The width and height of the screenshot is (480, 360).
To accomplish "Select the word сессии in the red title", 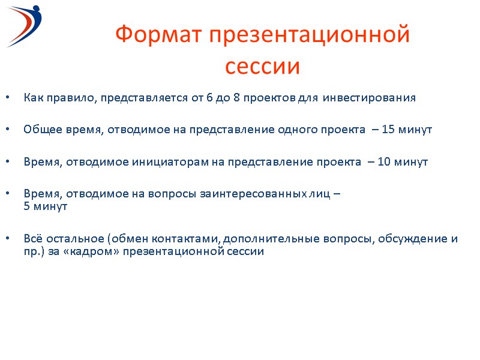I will coord(262,67).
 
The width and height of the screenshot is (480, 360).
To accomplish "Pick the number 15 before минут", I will coord(388,130).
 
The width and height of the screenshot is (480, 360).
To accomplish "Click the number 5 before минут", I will coord(27,206).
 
